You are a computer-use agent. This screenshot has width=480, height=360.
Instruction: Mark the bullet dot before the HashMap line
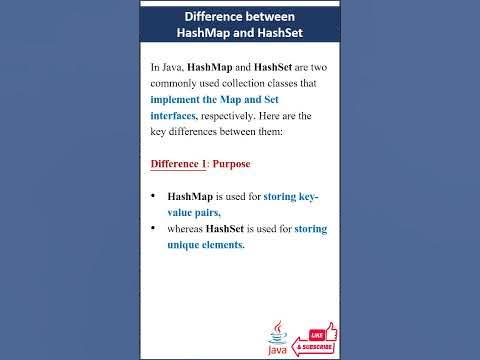tap(153, 197)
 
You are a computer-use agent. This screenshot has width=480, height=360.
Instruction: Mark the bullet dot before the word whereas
tap(153, 229)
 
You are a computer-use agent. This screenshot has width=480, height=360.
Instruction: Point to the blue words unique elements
tap(205, 245)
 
